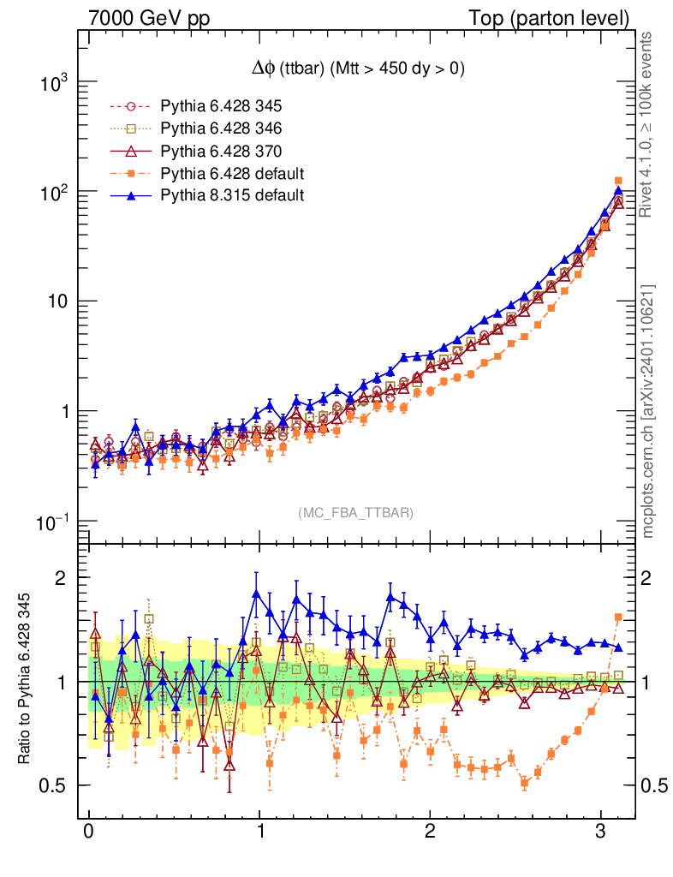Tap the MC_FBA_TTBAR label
tap(356, 513)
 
